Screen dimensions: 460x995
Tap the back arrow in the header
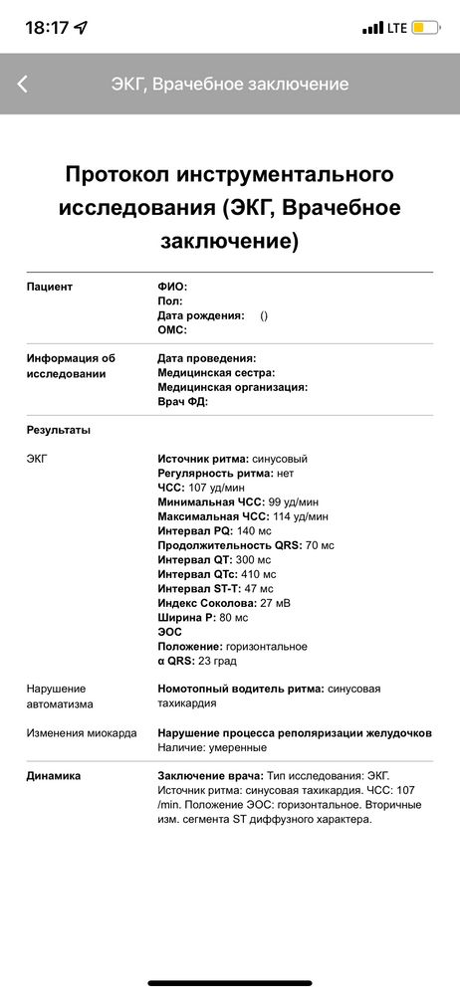click(23, 84)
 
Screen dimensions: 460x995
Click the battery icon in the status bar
click(426, 28)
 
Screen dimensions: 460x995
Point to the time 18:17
click(47, 28)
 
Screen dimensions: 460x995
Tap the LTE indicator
click(396, 28)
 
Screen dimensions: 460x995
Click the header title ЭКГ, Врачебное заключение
click(230, 84)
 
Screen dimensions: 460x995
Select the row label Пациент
click(50, 287)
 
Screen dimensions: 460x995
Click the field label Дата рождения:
click(201, 314)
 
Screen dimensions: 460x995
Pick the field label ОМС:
click(172, 329)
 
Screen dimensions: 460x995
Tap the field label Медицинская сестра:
click(216, 372)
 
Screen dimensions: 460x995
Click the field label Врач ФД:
click(183, 401)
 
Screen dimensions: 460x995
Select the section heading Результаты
click(59, 430)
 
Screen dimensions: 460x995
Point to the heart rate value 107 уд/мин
click(217, 489)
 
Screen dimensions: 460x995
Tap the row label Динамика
click(54, 775)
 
